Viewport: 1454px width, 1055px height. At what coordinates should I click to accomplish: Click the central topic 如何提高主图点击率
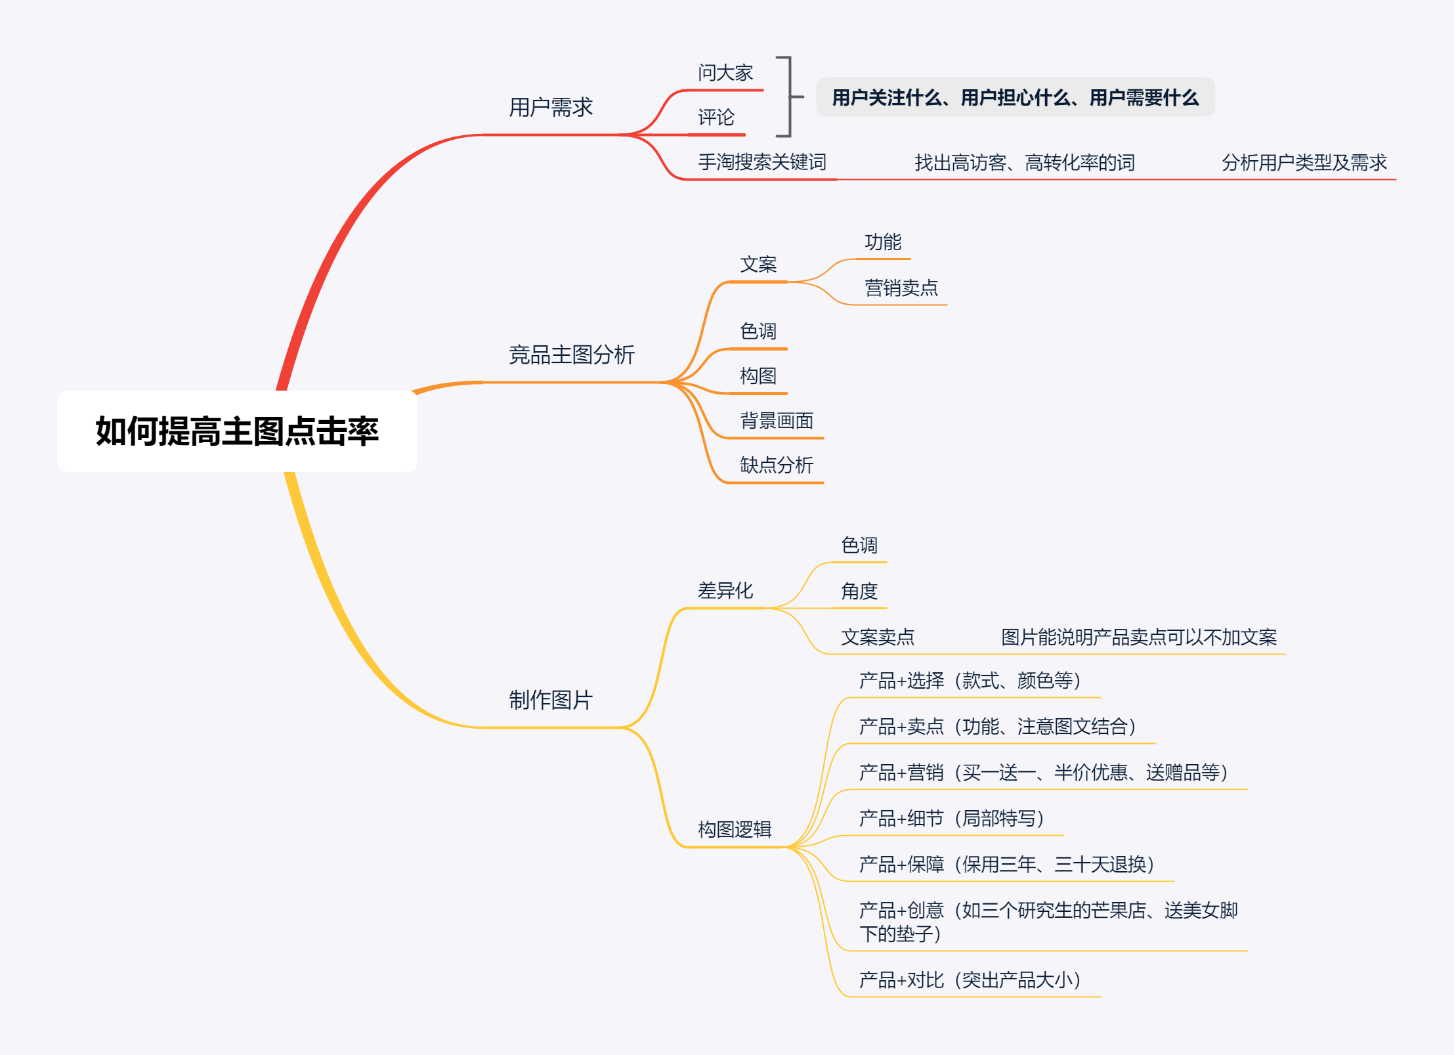(x=237, y=431)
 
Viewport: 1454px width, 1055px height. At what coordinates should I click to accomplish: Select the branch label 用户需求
(x=550, y=107)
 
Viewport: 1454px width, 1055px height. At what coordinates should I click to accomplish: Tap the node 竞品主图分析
(x=571, y=355)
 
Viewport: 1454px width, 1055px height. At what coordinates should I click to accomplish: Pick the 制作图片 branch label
(x=550, y=700)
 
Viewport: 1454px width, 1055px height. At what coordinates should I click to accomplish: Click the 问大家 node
(x=725, y=73)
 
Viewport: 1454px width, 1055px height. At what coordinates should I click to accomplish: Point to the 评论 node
(x=716, y=118)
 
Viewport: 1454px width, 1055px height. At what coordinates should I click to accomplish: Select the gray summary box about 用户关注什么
(x=1015, y=97)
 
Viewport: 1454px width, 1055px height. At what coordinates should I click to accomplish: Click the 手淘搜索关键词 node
(x=761, y=162)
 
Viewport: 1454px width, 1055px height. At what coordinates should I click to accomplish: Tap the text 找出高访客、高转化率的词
(x=1024, y=162)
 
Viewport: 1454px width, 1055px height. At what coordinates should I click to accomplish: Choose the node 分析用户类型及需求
(x=1304, y=162)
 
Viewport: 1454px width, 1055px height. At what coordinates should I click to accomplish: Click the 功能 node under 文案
(x=883, y=242)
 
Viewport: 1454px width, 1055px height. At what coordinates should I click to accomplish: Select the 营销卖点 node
(x=901, y=288)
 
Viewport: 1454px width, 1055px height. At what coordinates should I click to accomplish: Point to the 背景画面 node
(x=776, y=421)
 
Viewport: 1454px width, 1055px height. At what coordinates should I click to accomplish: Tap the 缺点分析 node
(x=776, y=465)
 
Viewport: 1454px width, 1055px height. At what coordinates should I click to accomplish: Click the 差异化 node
(x=725, y=591)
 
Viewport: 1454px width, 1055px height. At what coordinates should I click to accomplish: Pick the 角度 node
(x=859, y=592)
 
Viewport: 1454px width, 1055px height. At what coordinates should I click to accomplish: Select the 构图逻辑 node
(x=734, y=830)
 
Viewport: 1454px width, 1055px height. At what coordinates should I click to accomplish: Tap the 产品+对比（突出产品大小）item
(x=969, y=980)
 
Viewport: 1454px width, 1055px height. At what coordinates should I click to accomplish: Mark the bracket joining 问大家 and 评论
(x=790, y=97)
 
